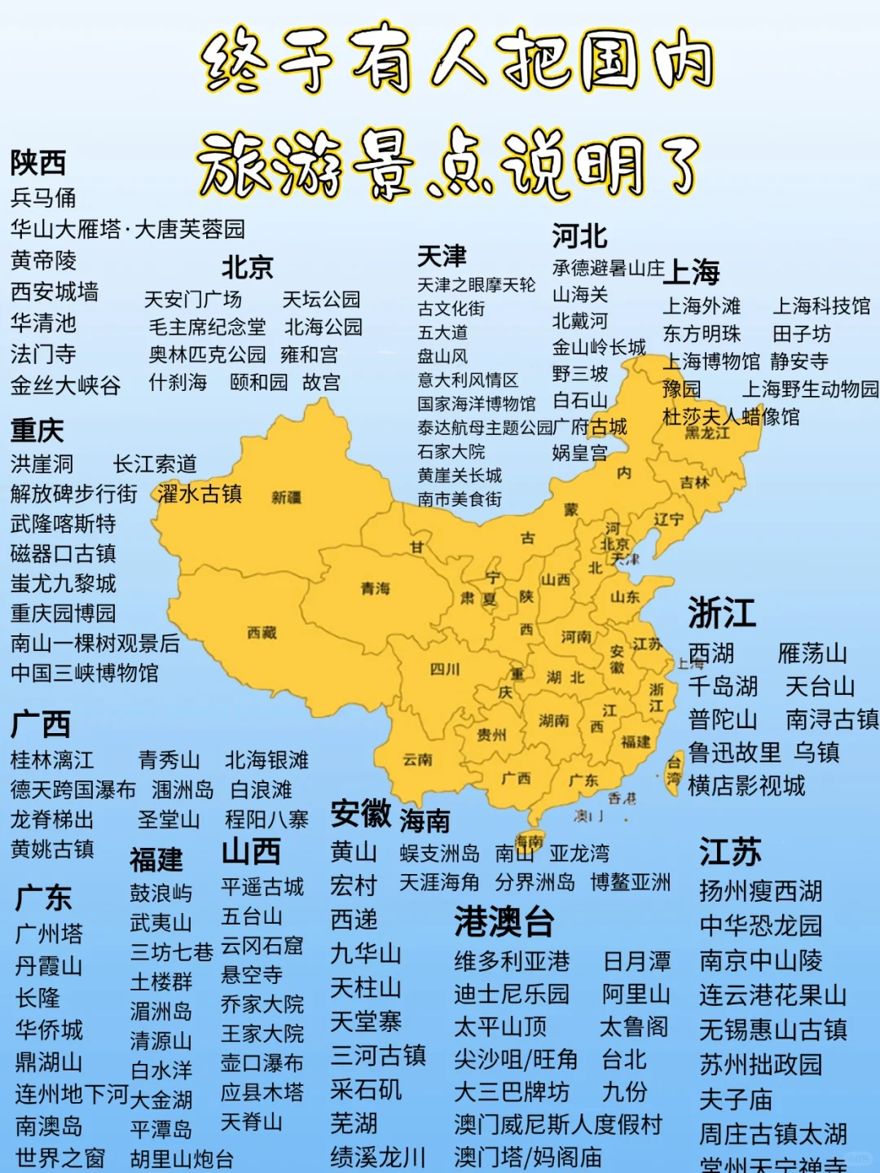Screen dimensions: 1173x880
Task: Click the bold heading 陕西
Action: [x=37, y=163]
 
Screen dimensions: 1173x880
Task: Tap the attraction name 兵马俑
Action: [x=43, y=198]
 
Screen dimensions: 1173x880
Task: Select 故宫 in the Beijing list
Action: [x=321, y=382]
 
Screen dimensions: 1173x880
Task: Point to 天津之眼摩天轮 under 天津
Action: [x=476, y=285]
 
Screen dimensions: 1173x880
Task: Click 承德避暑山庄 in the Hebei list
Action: [x=608, y=268]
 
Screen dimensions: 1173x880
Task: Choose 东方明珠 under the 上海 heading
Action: [x=702, y=334]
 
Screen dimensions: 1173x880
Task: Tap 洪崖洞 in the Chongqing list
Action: [x=42, y=464]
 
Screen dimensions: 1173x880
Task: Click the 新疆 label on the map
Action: [x=286, y=497]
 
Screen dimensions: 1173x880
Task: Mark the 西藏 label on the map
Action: [x=262, y=633]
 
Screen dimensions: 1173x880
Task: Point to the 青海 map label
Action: [x=376, y=587]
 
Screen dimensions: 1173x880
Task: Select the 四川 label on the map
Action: [x=445, y=669]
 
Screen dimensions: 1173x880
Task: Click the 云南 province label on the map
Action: [x=417, y=759]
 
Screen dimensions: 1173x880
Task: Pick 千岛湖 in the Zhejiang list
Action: [x=723, y=687]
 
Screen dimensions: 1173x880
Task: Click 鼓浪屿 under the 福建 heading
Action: [x=161, y=894]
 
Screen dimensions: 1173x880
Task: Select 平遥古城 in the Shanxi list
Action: [x=262, y=887]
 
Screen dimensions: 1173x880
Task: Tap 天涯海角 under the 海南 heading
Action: [x=439, y=882]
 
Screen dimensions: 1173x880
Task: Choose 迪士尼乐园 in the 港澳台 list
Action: [x=512, y=995]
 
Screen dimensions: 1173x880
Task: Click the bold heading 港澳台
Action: [x=504, y=922]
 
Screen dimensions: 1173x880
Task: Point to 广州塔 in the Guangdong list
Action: [x=49, y=934]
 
